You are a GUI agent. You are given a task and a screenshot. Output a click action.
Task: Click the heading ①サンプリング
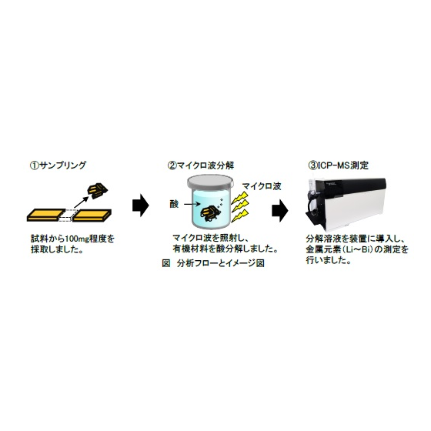(x=58, y=165)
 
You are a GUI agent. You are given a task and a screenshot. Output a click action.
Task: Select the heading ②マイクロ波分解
(x=201, y=165)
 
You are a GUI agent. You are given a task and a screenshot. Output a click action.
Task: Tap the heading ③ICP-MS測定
(x=339, y=165)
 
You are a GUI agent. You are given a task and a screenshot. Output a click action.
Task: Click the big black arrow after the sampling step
(x=141, y=205)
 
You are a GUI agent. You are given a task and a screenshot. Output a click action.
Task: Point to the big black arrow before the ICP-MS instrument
(x=280, y=210)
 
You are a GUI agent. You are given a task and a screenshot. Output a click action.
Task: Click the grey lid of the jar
(x=210, y=183)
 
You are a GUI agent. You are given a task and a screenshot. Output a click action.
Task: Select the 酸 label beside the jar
(x=174, y=204)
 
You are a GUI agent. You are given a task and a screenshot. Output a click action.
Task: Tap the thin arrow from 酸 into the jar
(x=192, y=204)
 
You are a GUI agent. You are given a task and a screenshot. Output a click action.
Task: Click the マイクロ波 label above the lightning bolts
(x=262, y=186)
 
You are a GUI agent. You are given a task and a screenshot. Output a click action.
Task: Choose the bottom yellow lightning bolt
(x=239, y=215)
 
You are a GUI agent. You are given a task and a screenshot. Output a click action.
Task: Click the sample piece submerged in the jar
(x=210, y=213)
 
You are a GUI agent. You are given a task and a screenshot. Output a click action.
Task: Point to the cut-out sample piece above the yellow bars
(x=97, y=190)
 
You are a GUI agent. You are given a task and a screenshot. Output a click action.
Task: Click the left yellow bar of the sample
(x=45, y=215)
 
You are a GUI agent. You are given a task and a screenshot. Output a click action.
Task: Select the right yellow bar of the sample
(x=92, y=215)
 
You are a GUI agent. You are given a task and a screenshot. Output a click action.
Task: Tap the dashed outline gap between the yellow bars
(x=68, y=215)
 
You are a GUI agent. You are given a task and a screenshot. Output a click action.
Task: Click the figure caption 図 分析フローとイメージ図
(x=213, y=263)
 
